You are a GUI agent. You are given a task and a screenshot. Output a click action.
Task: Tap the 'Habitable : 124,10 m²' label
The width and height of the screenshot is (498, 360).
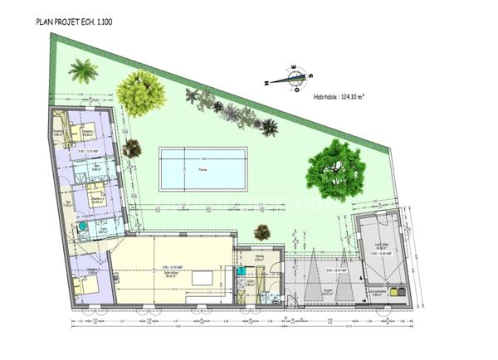tap(339, 96)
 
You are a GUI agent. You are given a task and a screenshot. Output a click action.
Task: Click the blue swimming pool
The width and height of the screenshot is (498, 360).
tap(203, 169)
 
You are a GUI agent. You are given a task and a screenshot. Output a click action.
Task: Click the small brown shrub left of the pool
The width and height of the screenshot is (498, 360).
tap(132, 149)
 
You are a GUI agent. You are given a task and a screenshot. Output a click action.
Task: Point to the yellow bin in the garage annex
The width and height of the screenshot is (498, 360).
tap(398, 294)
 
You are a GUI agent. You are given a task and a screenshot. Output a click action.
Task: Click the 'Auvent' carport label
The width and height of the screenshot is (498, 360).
tap(327, 291)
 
